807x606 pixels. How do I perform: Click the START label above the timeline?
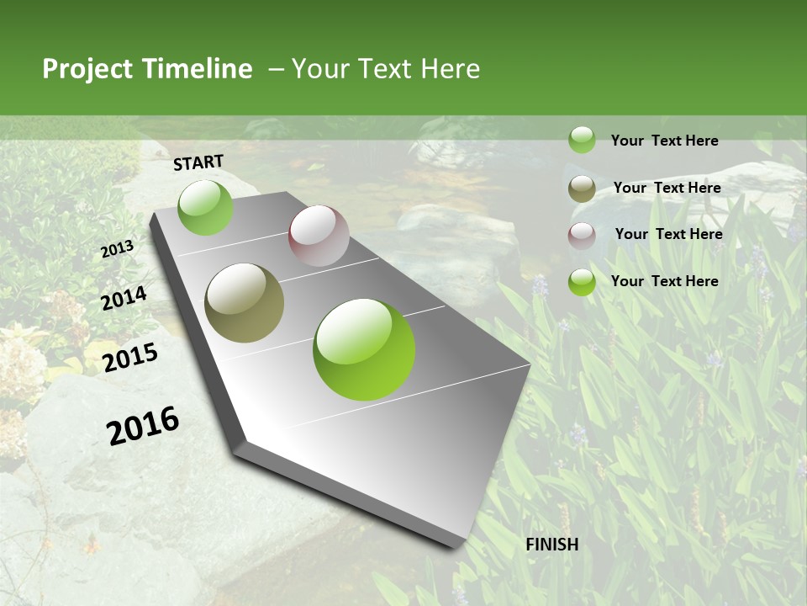(198, 162)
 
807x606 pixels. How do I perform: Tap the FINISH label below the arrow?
(552, 545)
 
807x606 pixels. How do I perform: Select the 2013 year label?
(118, 249)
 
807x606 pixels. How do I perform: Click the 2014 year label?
(124, 298)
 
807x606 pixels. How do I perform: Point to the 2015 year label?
(130, 358)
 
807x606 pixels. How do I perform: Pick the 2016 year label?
(143, 425)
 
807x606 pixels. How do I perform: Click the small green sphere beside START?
(205, 207)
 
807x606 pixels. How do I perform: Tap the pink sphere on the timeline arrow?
(319, 236)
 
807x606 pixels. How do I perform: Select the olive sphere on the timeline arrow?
(245, 303)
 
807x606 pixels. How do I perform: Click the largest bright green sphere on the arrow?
(364, 349)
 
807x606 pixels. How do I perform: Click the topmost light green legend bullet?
(582, 141)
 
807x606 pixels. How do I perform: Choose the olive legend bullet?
(582, 189)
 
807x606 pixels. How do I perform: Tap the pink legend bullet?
(582, 236)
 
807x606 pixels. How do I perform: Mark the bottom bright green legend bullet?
(582, 282)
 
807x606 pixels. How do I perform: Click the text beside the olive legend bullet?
(667, 188)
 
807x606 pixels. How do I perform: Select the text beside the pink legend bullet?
(668, 234)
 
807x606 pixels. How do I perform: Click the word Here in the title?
(450, 69)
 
